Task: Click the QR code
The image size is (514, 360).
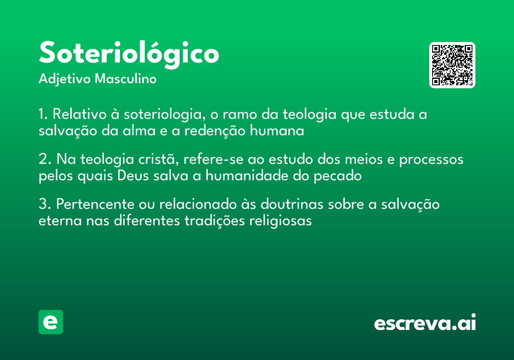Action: pos(452,65)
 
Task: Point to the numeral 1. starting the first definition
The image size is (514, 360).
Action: pos(43,115)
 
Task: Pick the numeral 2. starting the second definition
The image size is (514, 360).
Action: pos(45,159)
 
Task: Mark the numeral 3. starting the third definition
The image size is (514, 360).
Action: pos(45,204)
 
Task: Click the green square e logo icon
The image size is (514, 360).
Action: pos(51,322)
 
